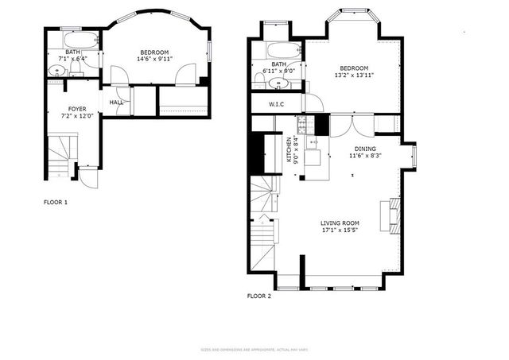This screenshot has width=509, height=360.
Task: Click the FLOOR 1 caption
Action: (x=55, y=203)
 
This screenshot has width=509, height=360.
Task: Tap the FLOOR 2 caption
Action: (x=258, y=296)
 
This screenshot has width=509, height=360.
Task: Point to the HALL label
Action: (x=116, y=102)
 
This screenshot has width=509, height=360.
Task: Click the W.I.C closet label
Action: (x=277, y=104)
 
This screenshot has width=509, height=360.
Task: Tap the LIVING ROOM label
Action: (x=340, y=223)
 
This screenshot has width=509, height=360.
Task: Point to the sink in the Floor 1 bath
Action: (x=56, y=72)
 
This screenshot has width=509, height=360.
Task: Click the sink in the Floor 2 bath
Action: (x=279, y=83)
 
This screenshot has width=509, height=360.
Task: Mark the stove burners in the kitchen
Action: (x=302, y=125)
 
